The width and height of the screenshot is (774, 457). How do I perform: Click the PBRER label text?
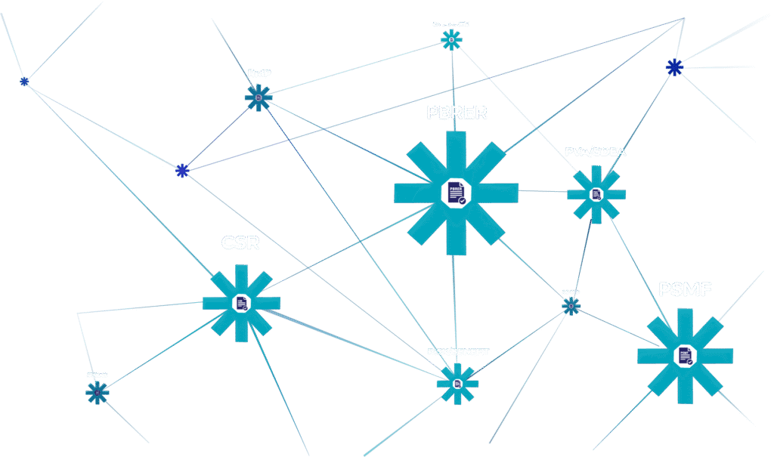[457, 113]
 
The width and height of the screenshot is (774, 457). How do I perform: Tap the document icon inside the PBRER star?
[456, 193]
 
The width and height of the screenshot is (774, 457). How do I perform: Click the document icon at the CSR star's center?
[241, 303]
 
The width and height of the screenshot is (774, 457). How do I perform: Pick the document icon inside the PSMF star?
[685, 356]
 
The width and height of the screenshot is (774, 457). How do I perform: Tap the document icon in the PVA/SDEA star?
[596, 194]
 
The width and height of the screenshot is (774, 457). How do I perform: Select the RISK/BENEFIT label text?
[458, 352]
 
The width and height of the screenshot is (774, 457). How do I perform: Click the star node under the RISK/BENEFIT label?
[457, 384]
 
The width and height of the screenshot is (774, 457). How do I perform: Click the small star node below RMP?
[259, 98]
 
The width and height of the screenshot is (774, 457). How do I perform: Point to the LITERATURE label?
[450, 23]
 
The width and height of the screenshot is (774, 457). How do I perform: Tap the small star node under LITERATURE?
[451, 39]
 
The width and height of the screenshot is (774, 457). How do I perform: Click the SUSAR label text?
[97, 375]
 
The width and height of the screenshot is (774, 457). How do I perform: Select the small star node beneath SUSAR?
[97, 392]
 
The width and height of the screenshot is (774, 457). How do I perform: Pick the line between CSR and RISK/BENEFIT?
[355, 346]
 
